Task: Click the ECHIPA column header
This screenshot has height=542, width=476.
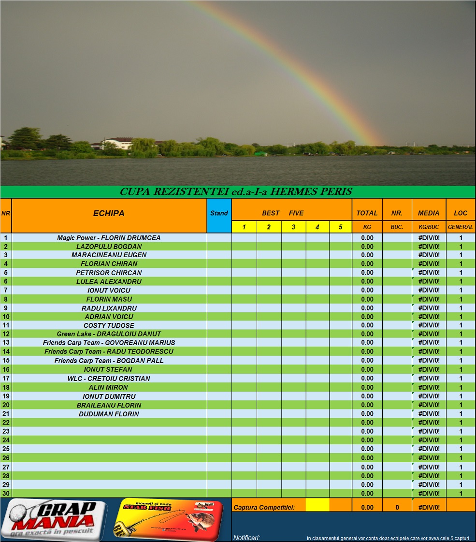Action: (x=109, y=213)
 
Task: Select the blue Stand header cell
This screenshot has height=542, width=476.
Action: (x=219, y=213)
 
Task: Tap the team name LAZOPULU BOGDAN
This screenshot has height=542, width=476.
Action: (x=109, y=247)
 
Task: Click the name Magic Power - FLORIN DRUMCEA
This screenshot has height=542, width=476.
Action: (x=109, y=238)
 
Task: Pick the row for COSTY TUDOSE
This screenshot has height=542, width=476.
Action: (x=109, y=325)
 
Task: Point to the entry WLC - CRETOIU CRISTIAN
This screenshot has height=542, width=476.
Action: (x=109, y=379)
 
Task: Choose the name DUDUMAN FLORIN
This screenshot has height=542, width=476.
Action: (x=109, y=414)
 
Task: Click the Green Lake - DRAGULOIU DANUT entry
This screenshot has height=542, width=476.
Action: (x=109, y=334)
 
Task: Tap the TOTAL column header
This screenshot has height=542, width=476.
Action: (x=367, y=213)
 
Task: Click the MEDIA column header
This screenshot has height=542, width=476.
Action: (x=429, y=213)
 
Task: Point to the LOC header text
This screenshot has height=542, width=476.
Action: (x=461, y=213)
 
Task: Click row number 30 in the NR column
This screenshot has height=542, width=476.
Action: (x=6, y=493)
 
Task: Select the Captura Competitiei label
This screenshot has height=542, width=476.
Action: (x=264, y=507)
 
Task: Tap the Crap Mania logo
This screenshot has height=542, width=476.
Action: (x=54, y=520)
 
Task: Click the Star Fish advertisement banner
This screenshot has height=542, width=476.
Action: (x=169, y=520)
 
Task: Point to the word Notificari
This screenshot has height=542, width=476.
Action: (x=246, y=538)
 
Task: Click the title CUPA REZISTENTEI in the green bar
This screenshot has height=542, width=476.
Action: (x=236, y=192)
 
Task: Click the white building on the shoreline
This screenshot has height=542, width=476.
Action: (x=117, y=143)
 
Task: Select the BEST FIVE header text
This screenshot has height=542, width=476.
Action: (x=283, y=213)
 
